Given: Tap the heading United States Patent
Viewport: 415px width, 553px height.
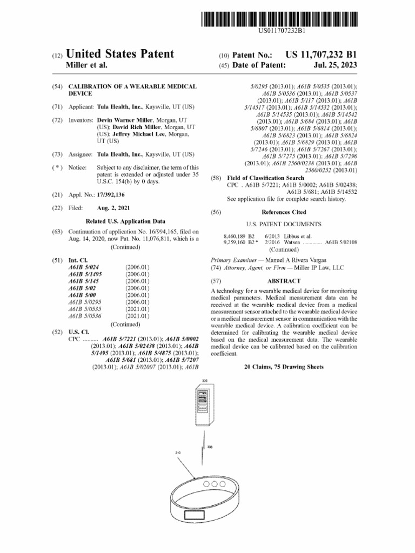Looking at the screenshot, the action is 120,54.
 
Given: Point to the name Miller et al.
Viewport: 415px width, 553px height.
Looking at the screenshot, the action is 86,65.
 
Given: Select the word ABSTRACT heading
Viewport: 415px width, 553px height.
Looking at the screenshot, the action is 284,281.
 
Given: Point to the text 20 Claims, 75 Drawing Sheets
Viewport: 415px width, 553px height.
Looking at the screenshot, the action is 284,367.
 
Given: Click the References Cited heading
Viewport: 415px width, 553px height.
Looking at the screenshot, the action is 284,212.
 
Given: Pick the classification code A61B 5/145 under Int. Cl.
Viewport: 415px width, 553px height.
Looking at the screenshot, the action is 83,281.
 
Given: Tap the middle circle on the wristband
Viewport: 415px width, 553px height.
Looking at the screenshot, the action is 215,484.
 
